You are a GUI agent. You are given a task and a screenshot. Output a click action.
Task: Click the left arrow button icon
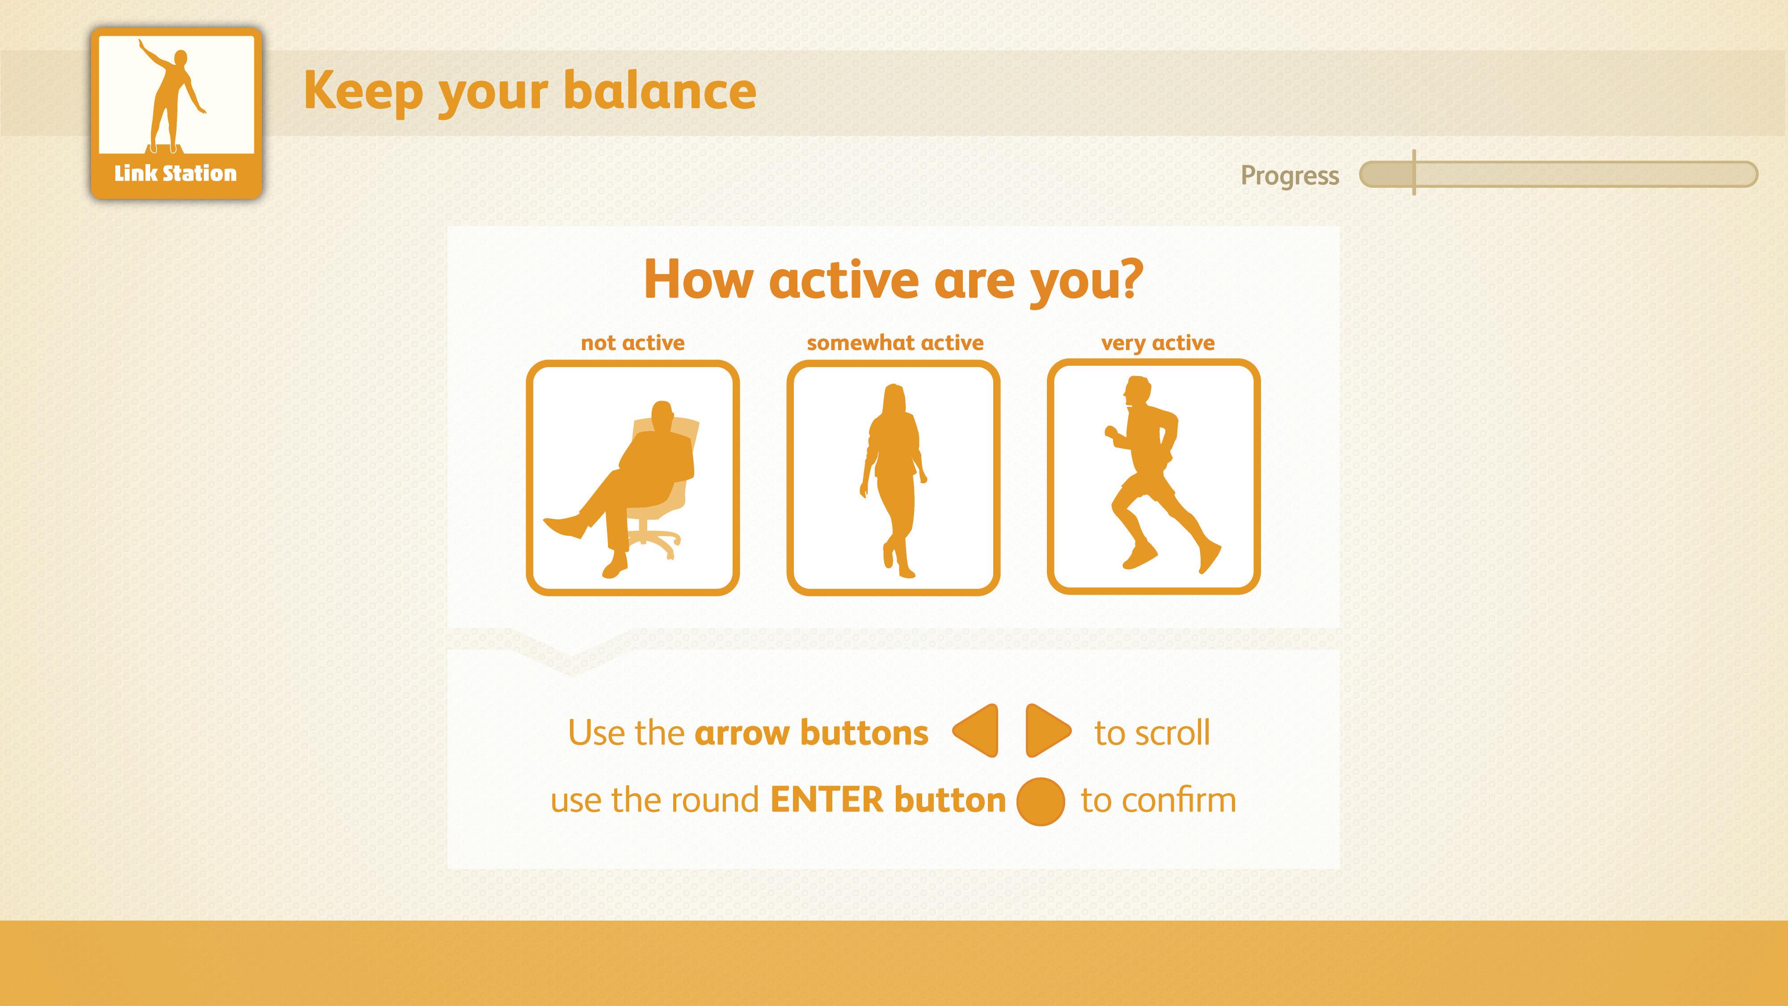pyautogui.click(x=977, y=731)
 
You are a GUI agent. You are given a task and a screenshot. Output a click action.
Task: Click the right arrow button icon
pyautogui.click(x=1047, y=731)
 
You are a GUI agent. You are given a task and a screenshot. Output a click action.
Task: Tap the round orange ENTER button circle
pyautogui.click(x=1041, y=801)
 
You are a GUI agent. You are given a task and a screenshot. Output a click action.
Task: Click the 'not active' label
pyautogui.click(x=633, y=343)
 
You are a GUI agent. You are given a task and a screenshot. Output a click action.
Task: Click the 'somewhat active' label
pyautogui.click(x=895, y=343)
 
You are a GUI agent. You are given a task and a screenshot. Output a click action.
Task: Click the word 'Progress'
pyautogui.click(x=1290, y=176)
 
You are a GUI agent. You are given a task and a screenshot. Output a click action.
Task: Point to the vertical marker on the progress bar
pyautogui.click(x=1414, y=172)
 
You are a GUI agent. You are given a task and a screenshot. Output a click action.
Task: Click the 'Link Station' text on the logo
pyautogui.click(x=176, y=173)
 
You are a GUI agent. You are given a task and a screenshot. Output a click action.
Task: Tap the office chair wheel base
pyautogui.click(x=653, y=541)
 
